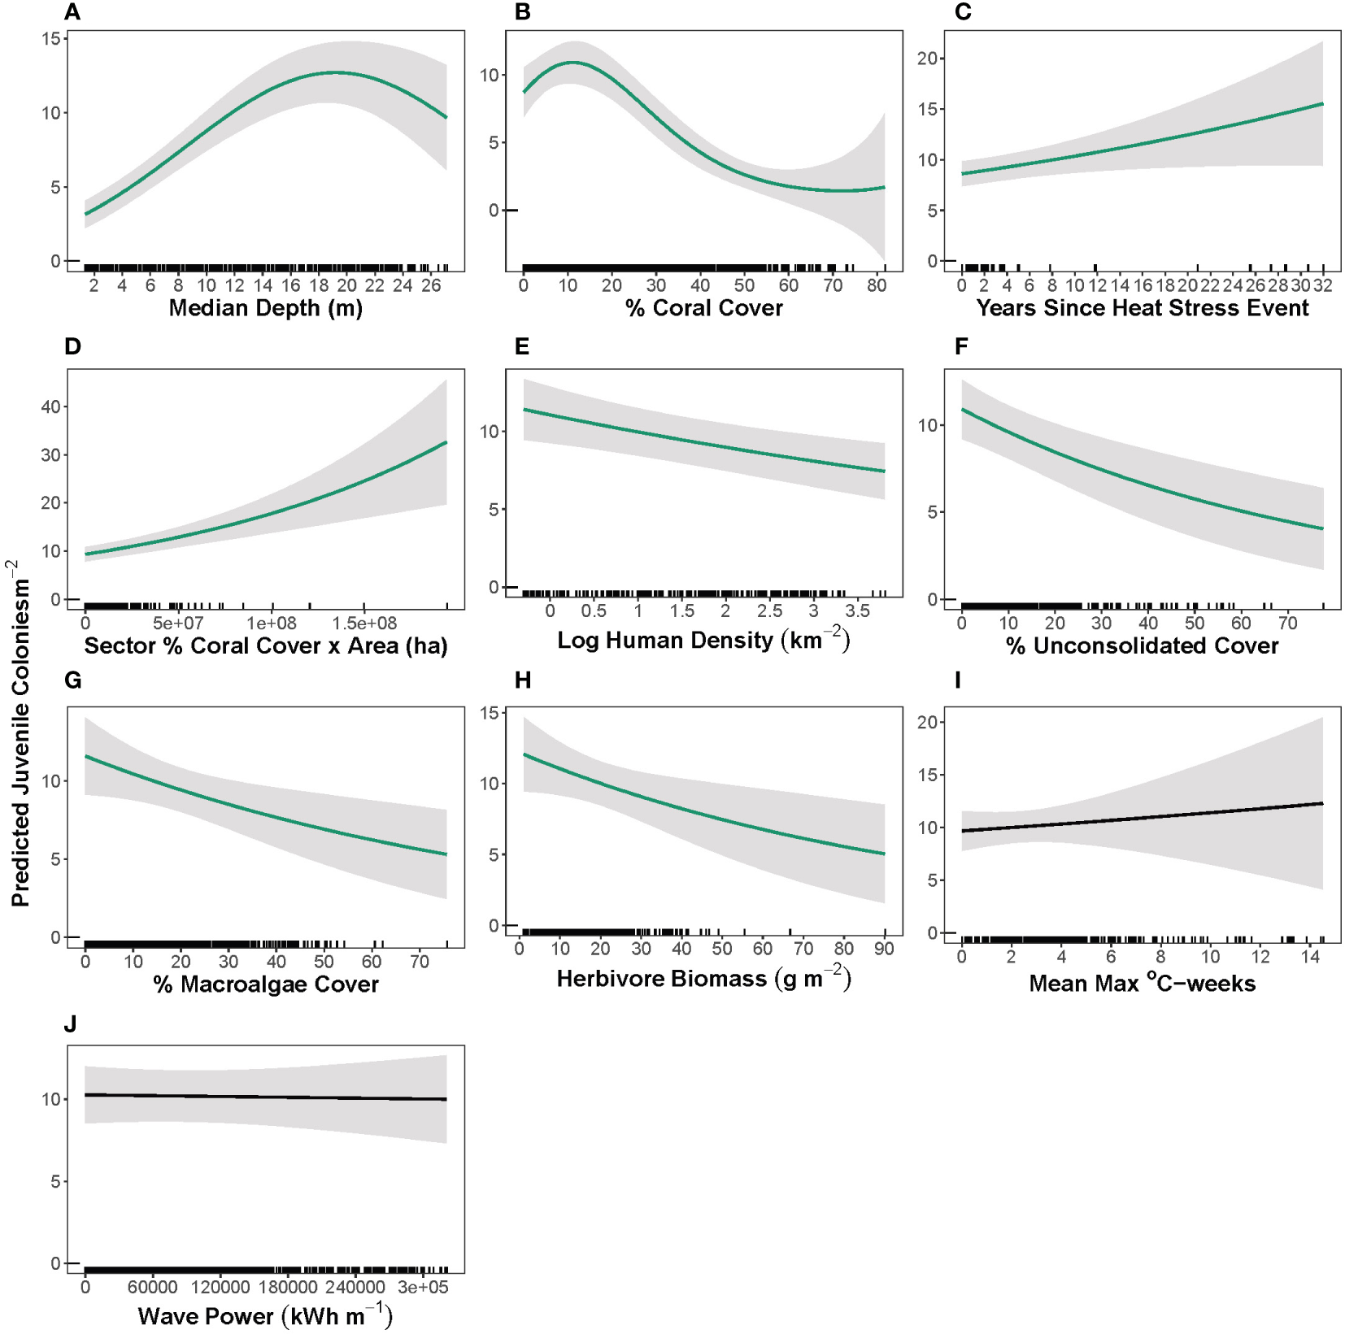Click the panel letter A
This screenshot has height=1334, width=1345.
click(72, 12)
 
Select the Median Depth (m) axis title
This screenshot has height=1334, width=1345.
click(265, 308)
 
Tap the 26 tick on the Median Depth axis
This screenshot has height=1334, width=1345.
click(431, 285)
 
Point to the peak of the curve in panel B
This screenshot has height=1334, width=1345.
click(573, 62)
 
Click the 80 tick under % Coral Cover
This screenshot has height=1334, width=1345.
click(877, 285)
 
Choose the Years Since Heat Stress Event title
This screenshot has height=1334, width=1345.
click(1142, 308)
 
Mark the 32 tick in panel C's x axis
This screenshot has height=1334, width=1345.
click(1322, 285)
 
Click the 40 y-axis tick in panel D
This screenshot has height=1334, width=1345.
click(50, 406)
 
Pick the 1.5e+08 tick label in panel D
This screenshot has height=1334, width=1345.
click(364, 624)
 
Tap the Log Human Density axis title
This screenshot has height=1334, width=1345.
click(703, 640)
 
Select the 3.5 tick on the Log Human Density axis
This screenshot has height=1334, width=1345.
click(857, 611)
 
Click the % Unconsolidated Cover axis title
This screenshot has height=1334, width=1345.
click(1142, 646)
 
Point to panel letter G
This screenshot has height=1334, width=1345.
click(72, 680)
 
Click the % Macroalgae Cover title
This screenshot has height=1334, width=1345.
click(265, 984)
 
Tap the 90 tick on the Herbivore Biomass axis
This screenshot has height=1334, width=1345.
click(884, 949)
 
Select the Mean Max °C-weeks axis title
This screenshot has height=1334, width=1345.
click(1142, 984)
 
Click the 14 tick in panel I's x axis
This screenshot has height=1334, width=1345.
click(1310, 957)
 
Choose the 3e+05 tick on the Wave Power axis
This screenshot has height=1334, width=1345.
click(423, 1287)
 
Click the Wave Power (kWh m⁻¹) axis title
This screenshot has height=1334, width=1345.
click(265, 1316)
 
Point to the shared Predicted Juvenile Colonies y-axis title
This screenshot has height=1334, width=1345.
click(20, 732)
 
